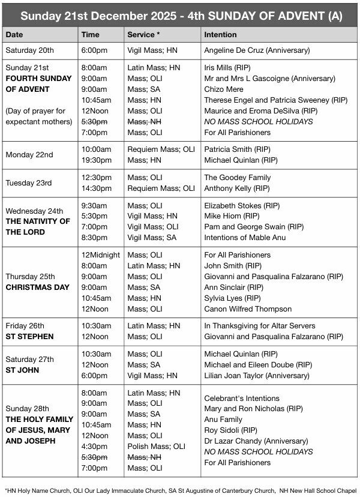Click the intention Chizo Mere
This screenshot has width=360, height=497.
pyautogui.click(x=224, y=89)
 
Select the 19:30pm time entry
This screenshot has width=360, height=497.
pyautogui.click(x=96, y=160)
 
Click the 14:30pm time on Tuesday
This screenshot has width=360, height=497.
pyautogui.click(x=96, y=188)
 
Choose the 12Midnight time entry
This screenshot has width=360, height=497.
pyautogui.click(x=101, y=255)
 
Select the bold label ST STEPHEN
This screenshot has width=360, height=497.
pyautogui.click(x=29, y=337)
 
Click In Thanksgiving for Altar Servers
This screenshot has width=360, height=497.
pyautogui.click(x=260, y=326)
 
